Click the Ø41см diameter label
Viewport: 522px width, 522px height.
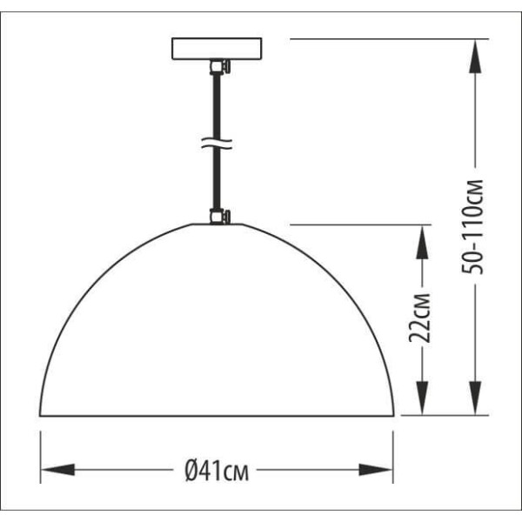click(x=217, y=471)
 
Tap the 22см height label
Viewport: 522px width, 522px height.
click(x=419, y=318)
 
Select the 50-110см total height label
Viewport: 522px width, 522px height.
click(x=472, y=227)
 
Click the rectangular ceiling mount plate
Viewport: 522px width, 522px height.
click(x=217, y=49)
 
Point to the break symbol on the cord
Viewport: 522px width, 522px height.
click(x=217, y=144)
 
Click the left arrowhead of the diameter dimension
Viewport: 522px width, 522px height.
click(x=57, y=470)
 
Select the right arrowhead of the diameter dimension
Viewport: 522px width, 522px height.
click(x=376, y=470)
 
